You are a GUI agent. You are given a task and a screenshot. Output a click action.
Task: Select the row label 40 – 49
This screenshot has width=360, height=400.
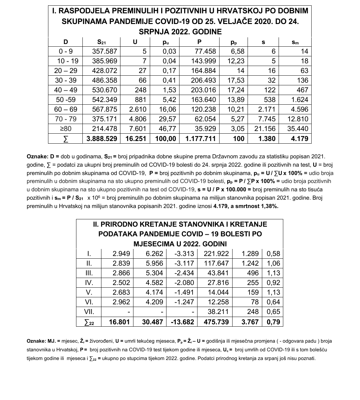(66, 90)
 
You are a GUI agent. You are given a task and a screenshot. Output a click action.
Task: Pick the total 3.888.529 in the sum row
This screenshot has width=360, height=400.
(102, 139)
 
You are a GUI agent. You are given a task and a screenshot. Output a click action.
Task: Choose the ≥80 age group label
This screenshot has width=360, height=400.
(66, 129)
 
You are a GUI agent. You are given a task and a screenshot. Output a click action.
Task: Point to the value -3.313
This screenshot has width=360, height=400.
(184, 254)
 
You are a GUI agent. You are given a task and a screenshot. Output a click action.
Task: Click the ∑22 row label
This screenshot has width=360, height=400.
(89, 322)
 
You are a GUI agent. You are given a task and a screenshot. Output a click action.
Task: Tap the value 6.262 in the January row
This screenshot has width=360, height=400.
(154, 254)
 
